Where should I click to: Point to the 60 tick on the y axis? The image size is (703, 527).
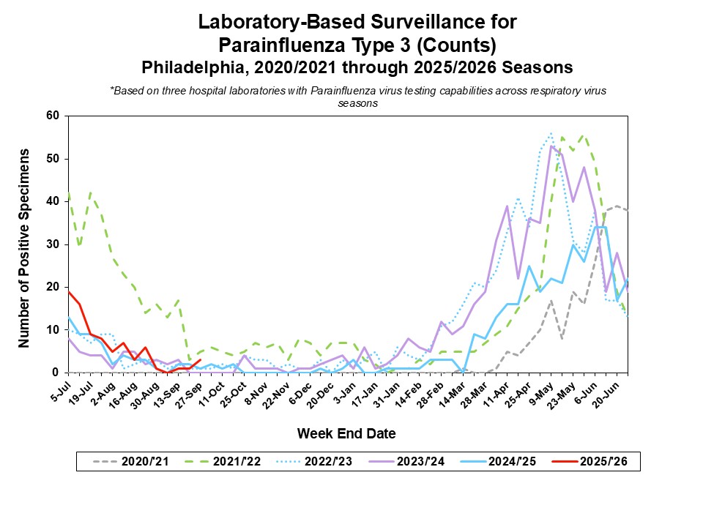[51, 116]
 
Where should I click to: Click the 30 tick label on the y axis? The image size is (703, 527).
[51, 244]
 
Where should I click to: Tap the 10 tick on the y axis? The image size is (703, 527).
[51, 330]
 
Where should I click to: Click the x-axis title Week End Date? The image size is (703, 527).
[346, 433]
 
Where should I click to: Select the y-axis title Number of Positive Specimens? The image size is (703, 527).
[24, 247]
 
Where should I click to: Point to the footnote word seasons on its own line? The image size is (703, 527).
[358, 103]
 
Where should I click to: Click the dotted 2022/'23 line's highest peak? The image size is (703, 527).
[551, 133]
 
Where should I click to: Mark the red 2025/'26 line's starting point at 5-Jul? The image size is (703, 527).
[67, 291]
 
